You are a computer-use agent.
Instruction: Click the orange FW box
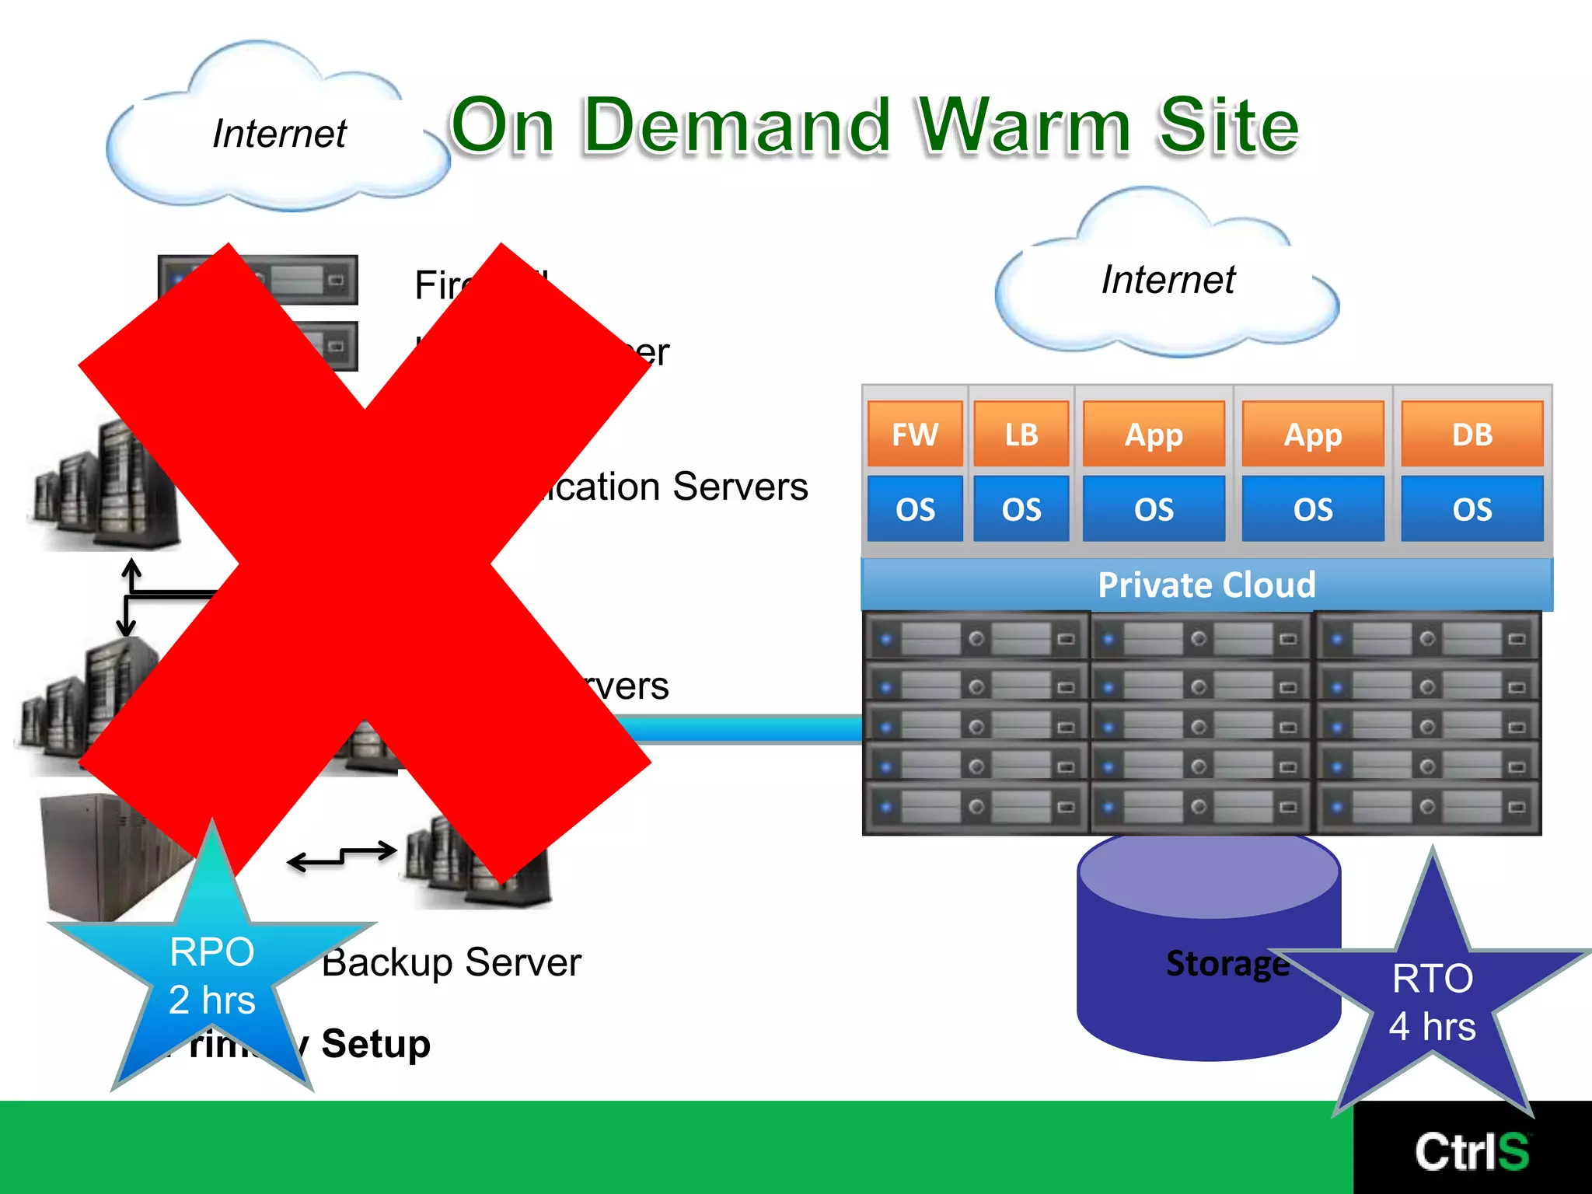(x=915, y=434)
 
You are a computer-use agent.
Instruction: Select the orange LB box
(x=1021, y=434)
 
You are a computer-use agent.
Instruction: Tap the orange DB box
(x=1472, y=434)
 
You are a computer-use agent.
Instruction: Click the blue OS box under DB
(x=1472, y=509)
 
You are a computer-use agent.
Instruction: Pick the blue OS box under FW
(x=915, y=509)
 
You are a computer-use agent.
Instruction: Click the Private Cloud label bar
(x=1206, y=585)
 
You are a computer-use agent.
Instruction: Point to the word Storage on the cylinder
(x=1227, y=963)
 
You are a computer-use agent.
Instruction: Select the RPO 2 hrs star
(x=212, y=976)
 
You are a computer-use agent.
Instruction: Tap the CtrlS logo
(x=1472, y=1151)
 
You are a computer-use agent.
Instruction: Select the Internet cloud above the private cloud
(x=1168, y=280)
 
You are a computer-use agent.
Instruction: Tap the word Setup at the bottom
(x=375, y=1043)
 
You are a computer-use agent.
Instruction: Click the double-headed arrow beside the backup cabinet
(x=342, y=857)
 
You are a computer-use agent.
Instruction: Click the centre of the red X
(x=365, y=564)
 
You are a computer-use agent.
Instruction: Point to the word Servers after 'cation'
(x=740, y=487)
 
